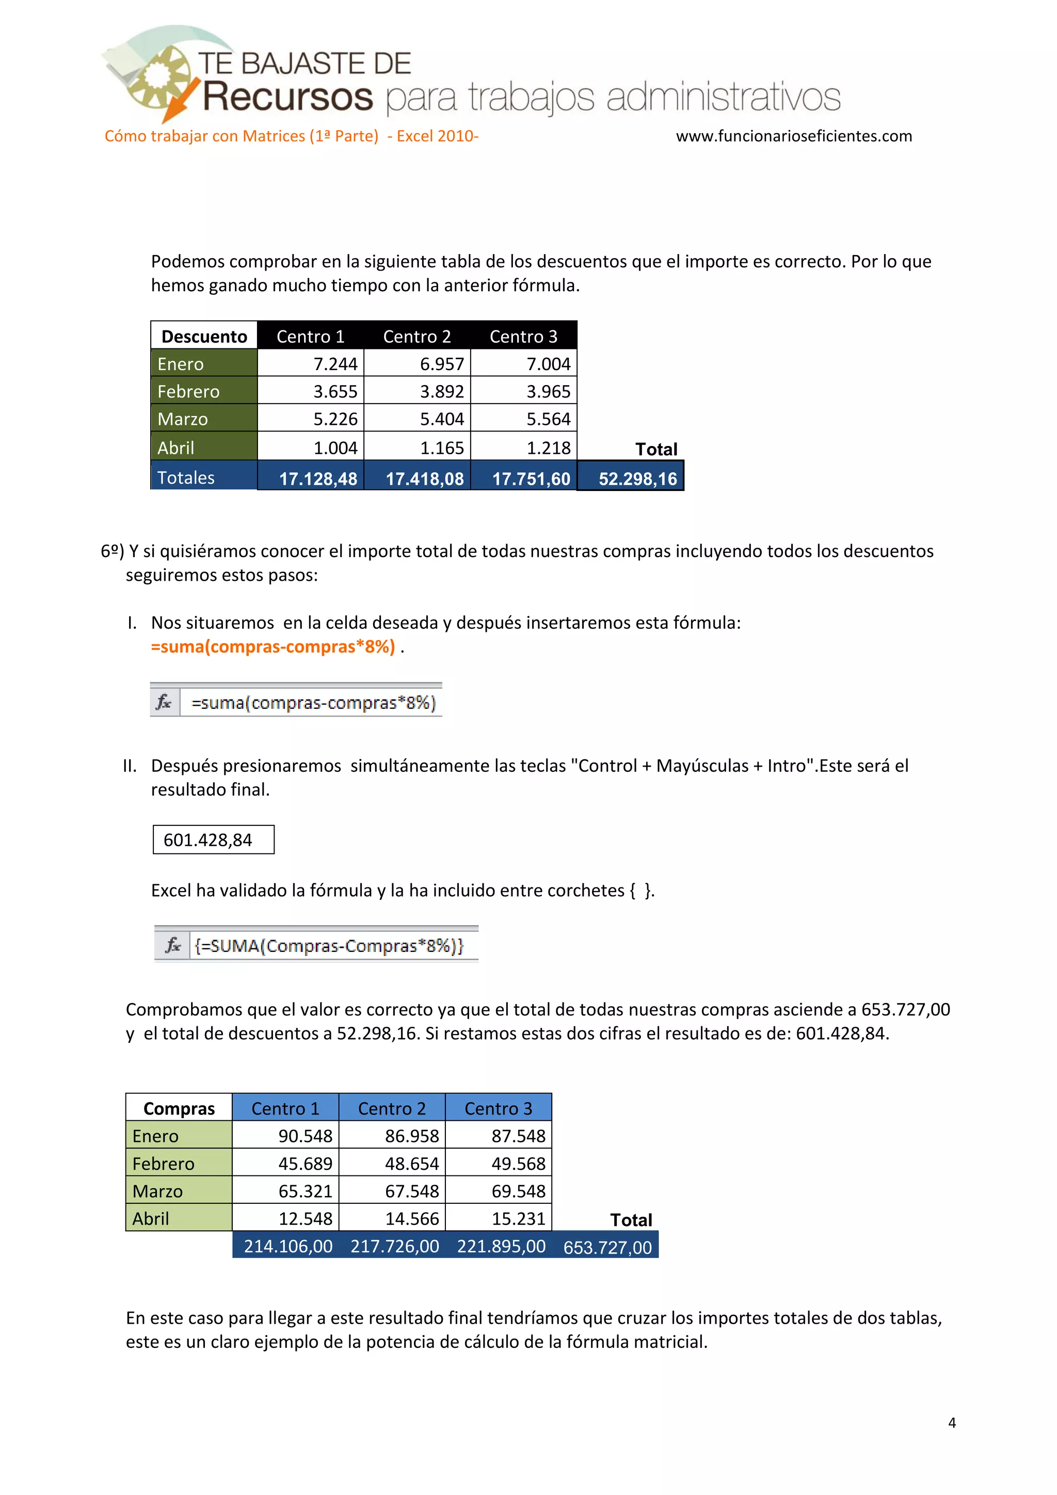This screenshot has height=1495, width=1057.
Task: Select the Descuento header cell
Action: [204, 336]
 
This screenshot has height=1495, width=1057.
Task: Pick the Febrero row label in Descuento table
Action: [189, 391]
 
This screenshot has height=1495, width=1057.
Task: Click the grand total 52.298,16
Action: [637, 479]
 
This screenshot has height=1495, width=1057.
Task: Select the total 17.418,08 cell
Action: [424, 479]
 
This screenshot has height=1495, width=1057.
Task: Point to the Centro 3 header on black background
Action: [523, 336]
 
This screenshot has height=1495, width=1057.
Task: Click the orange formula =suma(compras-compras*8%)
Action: [273, 646]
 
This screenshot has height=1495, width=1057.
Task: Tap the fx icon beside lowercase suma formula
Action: [164, 702]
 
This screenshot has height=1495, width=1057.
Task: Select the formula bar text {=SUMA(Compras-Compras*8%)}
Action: [329, 945]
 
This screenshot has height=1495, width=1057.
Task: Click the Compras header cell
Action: [179, 1108]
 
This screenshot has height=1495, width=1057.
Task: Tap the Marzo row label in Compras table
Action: [157, 1191]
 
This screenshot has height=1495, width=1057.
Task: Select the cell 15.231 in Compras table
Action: [518, 1218]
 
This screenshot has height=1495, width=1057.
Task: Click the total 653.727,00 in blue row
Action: [607, 1247]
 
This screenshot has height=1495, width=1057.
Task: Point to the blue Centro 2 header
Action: [392, 1108]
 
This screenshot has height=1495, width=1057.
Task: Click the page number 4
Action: [952, 1423]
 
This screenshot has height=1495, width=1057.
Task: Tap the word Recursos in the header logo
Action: [287, 98]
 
